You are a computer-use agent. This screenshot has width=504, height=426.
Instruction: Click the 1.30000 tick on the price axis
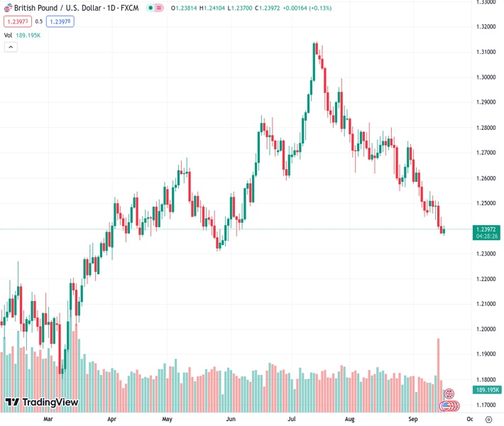coord(486,77)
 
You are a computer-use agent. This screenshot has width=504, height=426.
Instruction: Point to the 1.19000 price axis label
coord(486,354)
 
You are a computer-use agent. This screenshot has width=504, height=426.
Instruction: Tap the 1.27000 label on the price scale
coord(486,153)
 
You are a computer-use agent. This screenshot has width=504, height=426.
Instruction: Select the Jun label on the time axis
coord(231,419)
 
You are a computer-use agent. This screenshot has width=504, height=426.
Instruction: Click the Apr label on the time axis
coord(112,419)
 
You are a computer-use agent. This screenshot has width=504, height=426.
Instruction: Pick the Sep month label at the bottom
coord(413,419)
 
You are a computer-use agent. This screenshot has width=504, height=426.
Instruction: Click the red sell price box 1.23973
coord(16,21)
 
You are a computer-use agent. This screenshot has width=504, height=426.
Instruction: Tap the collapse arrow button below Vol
coord(11,47)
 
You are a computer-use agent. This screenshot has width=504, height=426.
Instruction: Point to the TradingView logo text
coord(50,403)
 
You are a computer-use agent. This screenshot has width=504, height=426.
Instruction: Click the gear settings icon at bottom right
coord(489,419)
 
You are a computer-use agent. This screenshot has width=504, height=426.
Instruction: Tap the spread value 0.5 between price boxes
coord(39,21)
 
